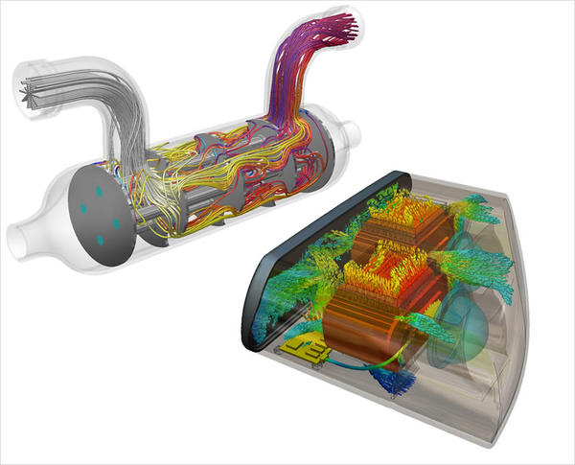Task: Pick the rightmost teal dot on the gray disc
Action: [x=115, y=223]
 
